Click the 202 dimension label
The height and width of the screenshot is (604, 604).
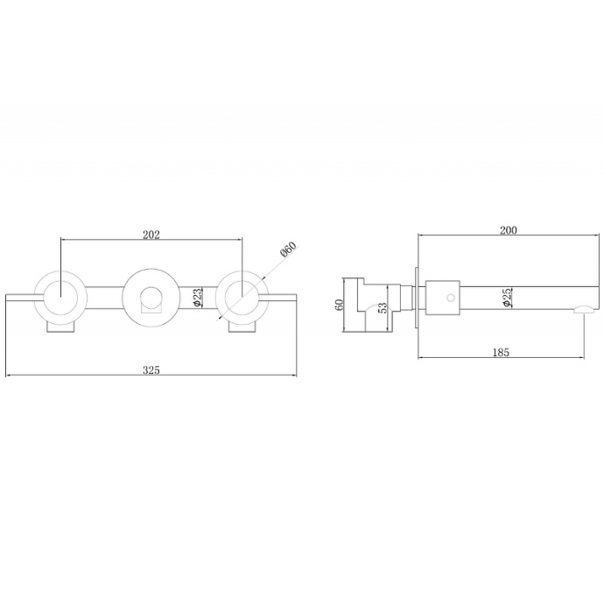tap(151, 235)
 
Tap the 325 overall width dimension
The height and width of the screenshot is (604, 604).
tap(151, 370)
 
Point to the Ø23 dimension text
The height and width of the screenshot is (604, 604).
tap(197, 298)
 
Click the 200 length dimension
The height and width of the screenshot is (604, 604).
tap(508, 230)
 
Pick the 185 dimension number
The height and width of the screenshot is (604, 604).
tap(501, 352)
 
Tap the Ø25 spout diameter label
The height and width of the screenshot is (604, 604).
tap(507, 297)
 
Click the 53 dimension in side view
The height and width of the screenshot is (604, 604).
tap(383, 308)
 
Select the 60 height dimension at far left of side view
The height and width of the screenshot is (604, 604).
tap(339, 305)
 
